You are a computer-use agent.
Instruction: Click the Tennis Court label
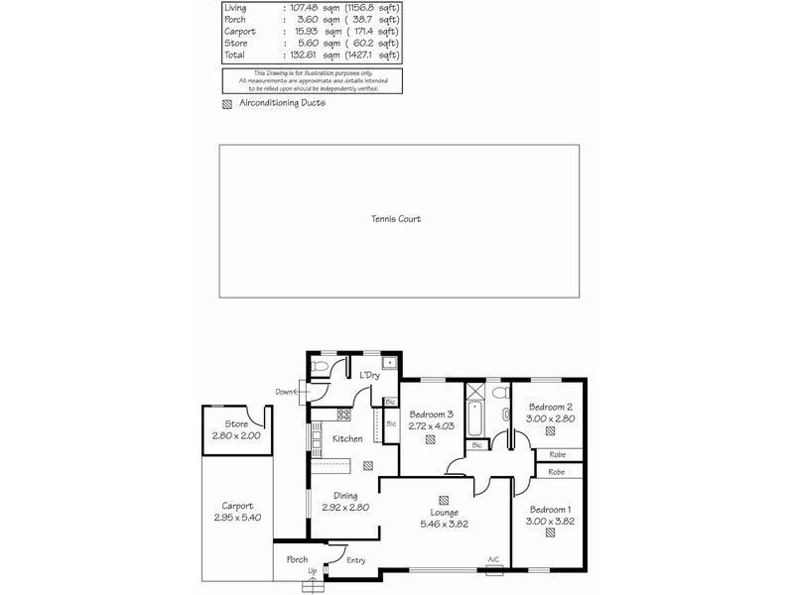point(396,219)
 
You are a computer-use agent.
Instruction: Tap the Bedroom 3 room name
point(431,415)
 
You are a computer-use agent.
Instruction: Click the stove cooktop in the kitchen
point(344,414)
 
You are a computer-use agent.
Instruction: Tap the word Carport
point(237,505)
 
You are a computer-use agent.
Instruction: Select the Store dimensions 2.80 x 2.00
point(234,435)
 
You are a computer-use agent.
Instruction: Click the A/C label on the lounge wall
point(493,560)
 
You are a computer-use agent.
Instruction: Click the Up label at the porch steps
point(312,571)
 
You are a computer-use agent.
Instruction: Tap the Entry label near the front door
point(355,560)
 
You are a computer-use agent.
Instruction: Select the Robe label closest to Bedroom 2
point(558,455)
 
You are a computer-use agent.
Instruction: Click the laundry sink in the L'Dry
point(390,363)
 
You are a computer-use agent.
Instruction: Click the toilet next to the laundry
point(318,368)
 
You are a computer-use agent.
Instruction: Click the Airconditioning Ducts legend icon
point(227,103)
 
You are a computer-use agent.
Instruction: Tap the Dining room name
point(345,496)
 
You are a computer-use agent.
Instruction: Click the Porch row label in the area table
point(236,20)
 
